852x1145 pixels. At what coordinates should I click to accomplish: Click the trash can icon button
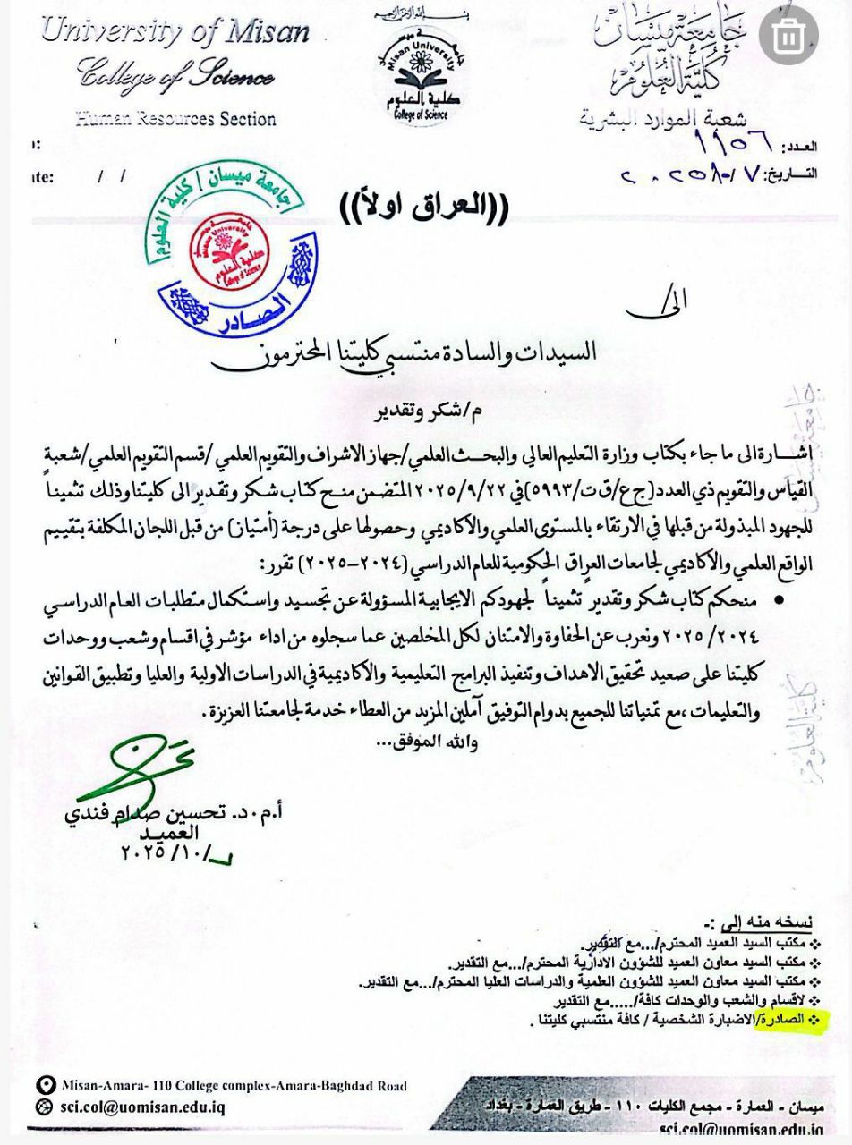click(788, 37)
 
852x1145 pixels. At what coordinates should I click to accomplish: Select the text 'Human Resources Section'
click(175, 118)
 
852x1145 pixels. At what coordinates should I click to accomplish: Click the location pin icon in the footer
click(46, 1085)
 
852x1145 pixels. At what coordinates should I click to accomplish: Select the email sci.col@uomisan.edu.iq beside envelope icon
click(143, 1107)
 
